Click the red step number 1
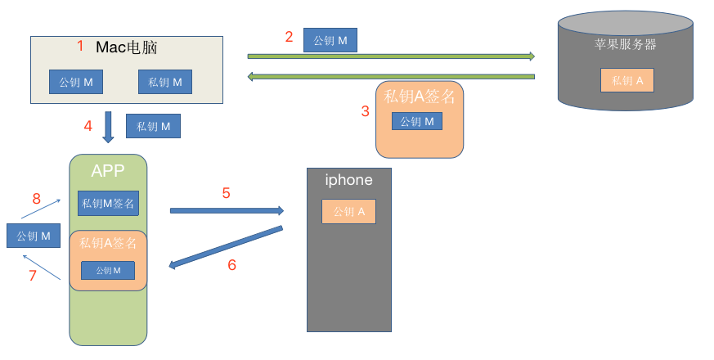click(x=80, y=47)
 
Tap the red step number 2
click(x=289, y=36)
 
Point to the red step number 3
click(x=366, y=111)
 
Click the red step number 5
click(x=227, y=193)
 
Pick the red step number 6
click(x=231, y=264)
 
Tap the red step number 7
click(x=33, y=276)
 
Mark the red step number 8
click(x=36, y=199)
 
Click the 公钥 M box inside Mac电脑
click(x=76, y=82)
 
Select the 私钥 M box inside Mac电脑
click(x=164, y=82)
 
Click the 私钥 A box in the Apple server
click(x=627, y=80)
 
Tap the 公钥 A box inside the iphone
click(x=348, y=211)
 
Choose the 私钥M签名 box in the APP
click(x=108, y=203)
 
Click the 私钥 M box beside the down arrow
click(x=153, y=126)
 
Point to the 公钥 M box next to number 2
click(x=330, y=40)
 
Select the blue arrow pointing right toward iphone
click(x=227, y=211)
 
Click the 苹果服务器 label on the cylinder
click(x=626, y=44)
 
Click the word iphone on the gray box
click(x=348, y=180)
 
